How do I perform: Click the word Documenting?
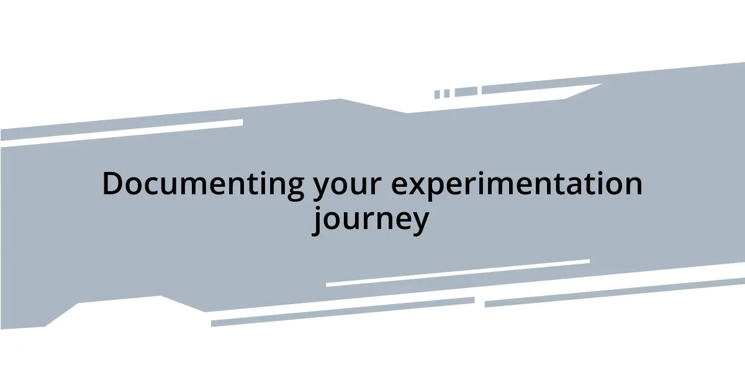203,184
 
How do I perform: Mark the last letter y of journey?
419,223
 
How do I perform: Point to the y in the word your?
322,188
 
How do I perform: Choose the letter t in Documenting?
246,184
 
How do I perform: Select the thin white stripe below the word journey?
458,272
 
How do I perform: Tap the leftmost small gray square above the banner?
437,94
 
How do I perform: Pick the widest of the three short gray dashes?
466,92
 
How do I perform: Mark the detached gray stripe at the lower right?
615,292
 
